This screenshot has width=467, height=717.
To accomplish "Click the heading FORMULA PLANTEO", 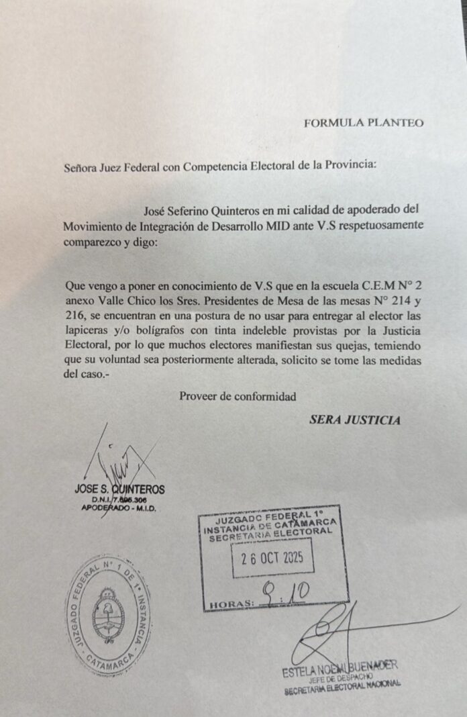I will [x=363, y=123].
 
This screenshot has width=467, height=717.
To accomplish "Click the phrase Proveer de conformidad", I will [x=238, y=396].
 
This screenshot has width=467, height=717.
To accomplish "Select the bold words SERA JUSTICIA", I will [x=355, y=420].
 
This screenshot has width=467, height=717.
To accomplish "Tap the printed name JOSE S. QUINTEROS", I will [x=119, y=489].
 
